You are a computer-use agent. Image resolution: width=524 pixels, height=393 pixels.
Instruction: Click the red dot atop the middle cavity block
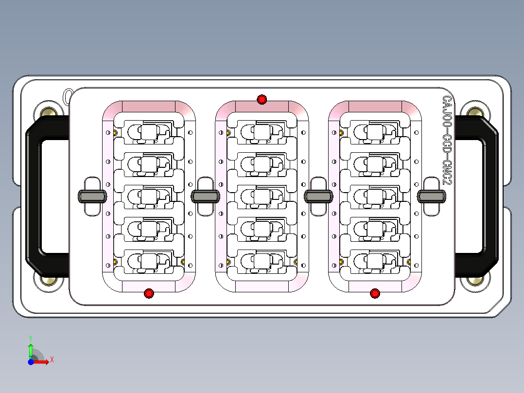pyautogui.click(x=262, y=100)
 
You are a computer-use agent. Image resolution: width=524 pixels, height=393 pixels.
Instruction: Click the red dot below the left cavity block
pyautogui.click(x=149, y=293)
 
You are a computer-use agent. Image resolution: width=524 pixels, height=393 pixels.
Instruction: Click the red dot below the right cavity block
pyautogui.click(x=375, y=293)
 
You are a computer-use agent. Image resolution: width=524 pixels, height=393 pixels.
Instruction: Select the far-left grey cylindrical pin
pyautogui.click(x=92, y=196)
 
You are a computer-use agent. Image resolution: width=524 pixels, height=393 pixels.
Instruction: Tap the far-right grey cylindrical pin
pyautogui.click(x=432, y=196)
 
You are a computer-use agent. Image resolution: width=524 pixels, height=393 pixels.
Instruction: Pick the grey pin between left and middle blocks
pyautogui.click(x=206, y=196)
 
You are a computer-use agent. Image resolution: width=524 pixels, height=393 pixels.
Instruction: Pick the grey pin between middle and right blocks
pyautogui.click(x=319, y=196)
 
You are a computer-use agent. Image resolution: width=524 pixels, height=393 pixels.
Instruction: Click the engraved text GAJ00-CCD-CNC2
pyautogui.click(x=447, y=142)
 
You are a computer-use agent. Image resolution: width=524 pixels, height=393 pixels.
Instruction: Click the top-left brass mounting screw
pyautogui.click(x=49, y=111)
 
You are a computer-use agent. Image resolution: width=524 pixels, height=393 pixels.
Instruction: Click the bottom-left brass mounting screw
pyautogui.click(x=49, y=281)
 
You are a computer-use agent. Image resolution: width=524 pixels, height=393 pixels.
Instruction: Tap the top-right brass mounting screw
pyautogui.click(x=475, y=111)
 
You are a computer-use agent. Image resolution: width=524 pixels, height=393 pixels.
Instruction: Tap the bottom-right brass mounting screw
pyautogui.click(x=475, y=281)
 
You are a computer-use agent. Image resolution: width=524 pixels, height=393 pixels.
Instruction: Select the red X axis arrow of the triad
pyautogui.click(x=43, y=361)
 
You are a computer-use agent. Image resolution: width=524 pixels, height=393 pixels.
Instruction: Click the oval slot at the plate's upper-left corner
pyautogui.click(x=68, y=97)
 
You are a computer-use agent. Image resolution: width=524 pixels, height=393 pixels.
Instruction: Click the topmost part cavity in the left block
pyautogui.click(x=149, y=132)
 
